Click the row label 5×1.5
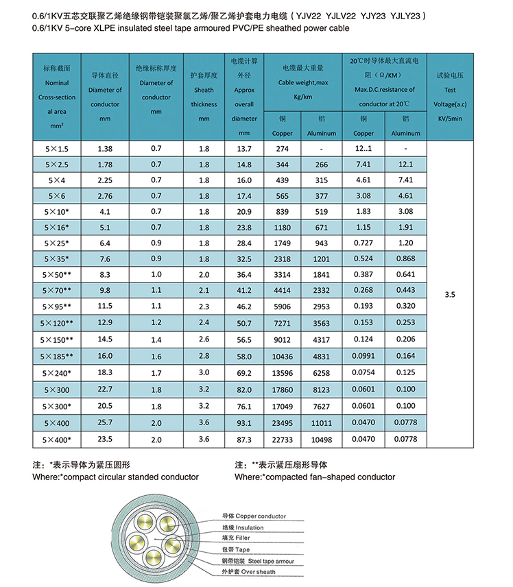tap(56, 149)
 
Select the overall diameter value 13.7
tap(244, 149)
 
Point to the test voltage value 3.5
tap(450, 294)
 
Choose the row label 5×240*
tap(58, 372)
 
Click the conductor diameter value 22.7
tap(105, 390)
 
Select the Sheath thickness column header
tap(204, 90)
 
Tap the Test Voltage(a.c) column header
tap(450, 97)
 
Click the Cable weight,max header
tap(302, 83)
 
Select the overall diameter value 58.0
tap(244, 355)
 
